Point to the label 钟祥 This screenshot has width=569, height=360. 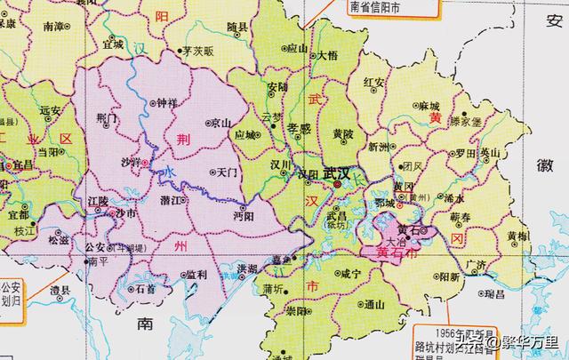pos(167,103)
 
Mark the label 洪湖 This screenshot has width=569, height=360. pos(247,268)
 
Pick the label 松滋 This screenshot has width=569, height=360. pos(59,239)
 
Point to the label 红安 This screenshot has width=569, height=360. pos(375,83)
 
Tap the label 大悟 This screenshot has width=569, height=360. pos(327,55)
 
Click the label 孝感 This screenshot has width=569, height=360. pos(299,128)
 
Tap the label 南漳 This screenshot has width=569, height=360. pos(53,27)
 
